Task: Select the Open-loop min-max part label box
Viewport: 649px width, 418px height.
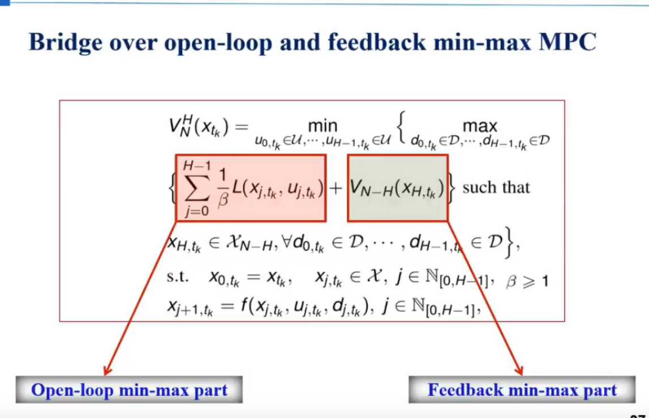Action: click(x=129, y=390)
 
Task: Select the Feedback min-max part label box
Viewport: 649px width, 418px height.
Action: click(x=522, y=390)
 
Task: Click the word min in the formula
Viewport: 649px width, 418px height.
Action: click(x=321, y=126)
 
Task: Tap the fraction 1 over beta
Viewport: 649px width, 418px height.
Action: click(x=221, y=188)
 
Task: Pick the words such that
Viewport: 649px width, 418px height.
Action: click(x=496, y=187)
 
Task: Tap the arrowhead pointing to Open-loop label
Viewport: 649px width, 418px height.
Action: click(x=108, y=370)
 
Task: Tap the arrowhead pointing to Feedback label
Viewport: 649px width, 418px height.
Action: click(x=519, y=370)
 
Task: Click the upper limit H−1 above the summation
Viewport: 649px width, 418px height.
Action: click(x=195, y=164)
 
